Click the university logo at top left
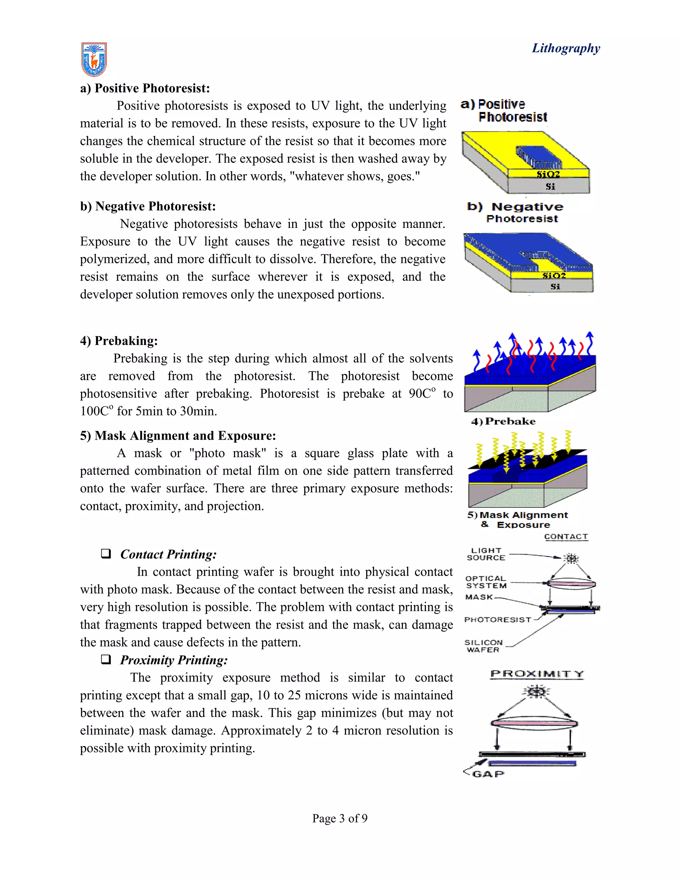(x=94, y=59)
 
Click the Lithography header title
(x=565, y=48)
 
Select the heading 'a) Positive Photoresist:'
(x=145, y=88)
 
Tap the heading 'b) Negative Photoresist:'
(x=148, y=206)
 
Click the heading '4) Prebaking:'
(x=119, y=341)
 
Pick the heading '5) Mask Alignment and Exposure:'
(x=178, y=436)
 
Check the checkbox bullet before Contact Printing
(x=106, y=554)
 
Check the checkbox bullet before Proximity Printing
(x=106, y=660)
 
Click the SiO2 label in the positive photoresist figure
(x=548, y=174)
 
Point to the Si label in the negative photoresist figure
(x=555, y=287)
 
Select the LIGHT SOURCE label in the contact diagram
(x=486, y=554)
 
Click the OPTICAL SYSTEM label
(x=486, y=582)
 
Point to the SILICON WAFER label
(x=483, y=646)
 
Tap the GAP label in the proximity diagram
(x=488, y=774)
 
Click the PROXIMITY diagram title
(x=537, y=674)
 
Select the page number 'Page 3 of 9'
(x=340, y=818)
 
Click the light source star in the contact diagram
(x=570, y=559)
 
